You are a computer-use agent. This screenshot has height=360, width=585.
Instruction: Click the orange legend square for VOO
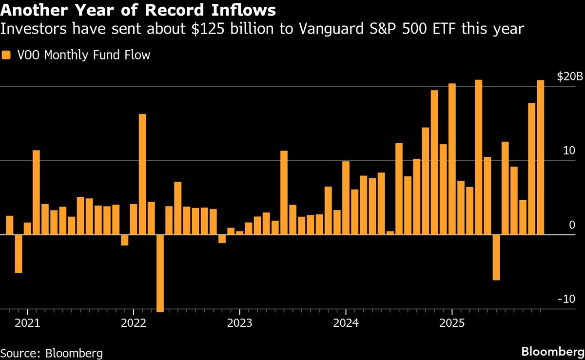pyautogui.click(x=6, y=55)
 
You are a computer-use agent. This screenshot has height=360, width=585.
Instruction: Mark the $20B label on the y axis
pyautogui.click(x=569, y=76)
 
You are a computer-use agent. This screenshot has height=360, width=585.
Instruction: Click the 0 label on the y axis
pyautogui.click(x=572, y=225)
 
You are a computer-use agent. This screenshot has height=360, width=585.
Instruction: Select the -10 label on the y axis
pyautogui.click(x=567, y=299)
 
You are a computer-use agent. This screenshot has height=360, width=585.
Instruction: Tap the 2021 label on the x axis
pyautogui.click(x=27, y=323)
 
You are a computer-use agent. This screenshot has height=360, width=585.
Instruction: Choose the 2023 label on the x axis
pyautogui.click(x=239, y=323)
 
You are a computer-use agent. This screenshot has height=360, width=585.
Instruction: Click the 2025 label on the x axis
pyautogui.click(x=451, y=323)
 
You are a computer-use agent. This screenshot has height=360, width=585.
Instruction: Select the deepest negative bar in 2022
pyautogui.click(x=160, y=273)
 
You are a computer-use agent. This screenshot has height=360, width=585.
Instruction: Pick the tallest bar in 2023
pyautogui.click(x=284, y=192)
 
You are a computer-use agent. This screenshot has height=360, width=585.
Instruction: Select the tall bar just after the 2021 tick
pyautogui.click(x=36, y=192)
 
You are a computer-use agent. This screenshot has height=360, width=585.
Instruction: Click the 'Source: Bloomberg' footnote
pyautogui.click(x=51, y=353)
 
